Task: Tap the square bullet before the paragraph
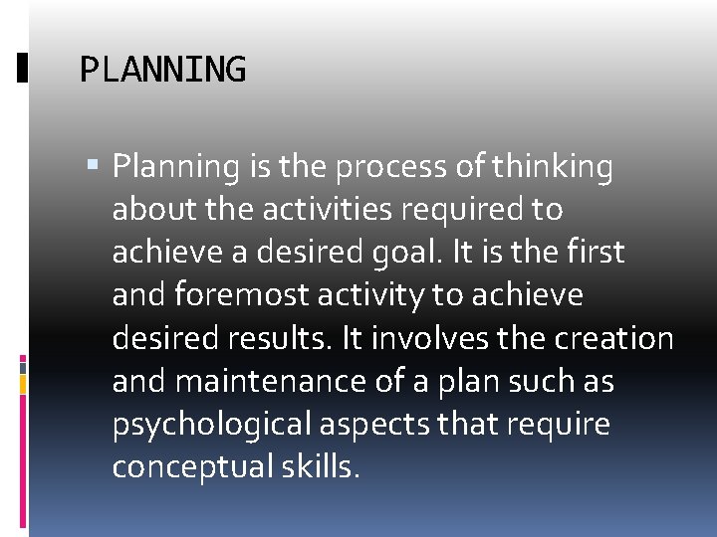point(95,164)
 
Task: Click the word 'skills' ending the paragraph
point(318,466)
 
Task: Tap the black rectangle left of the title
point(23,69)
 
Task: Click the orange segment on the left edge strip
point(23,382)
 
